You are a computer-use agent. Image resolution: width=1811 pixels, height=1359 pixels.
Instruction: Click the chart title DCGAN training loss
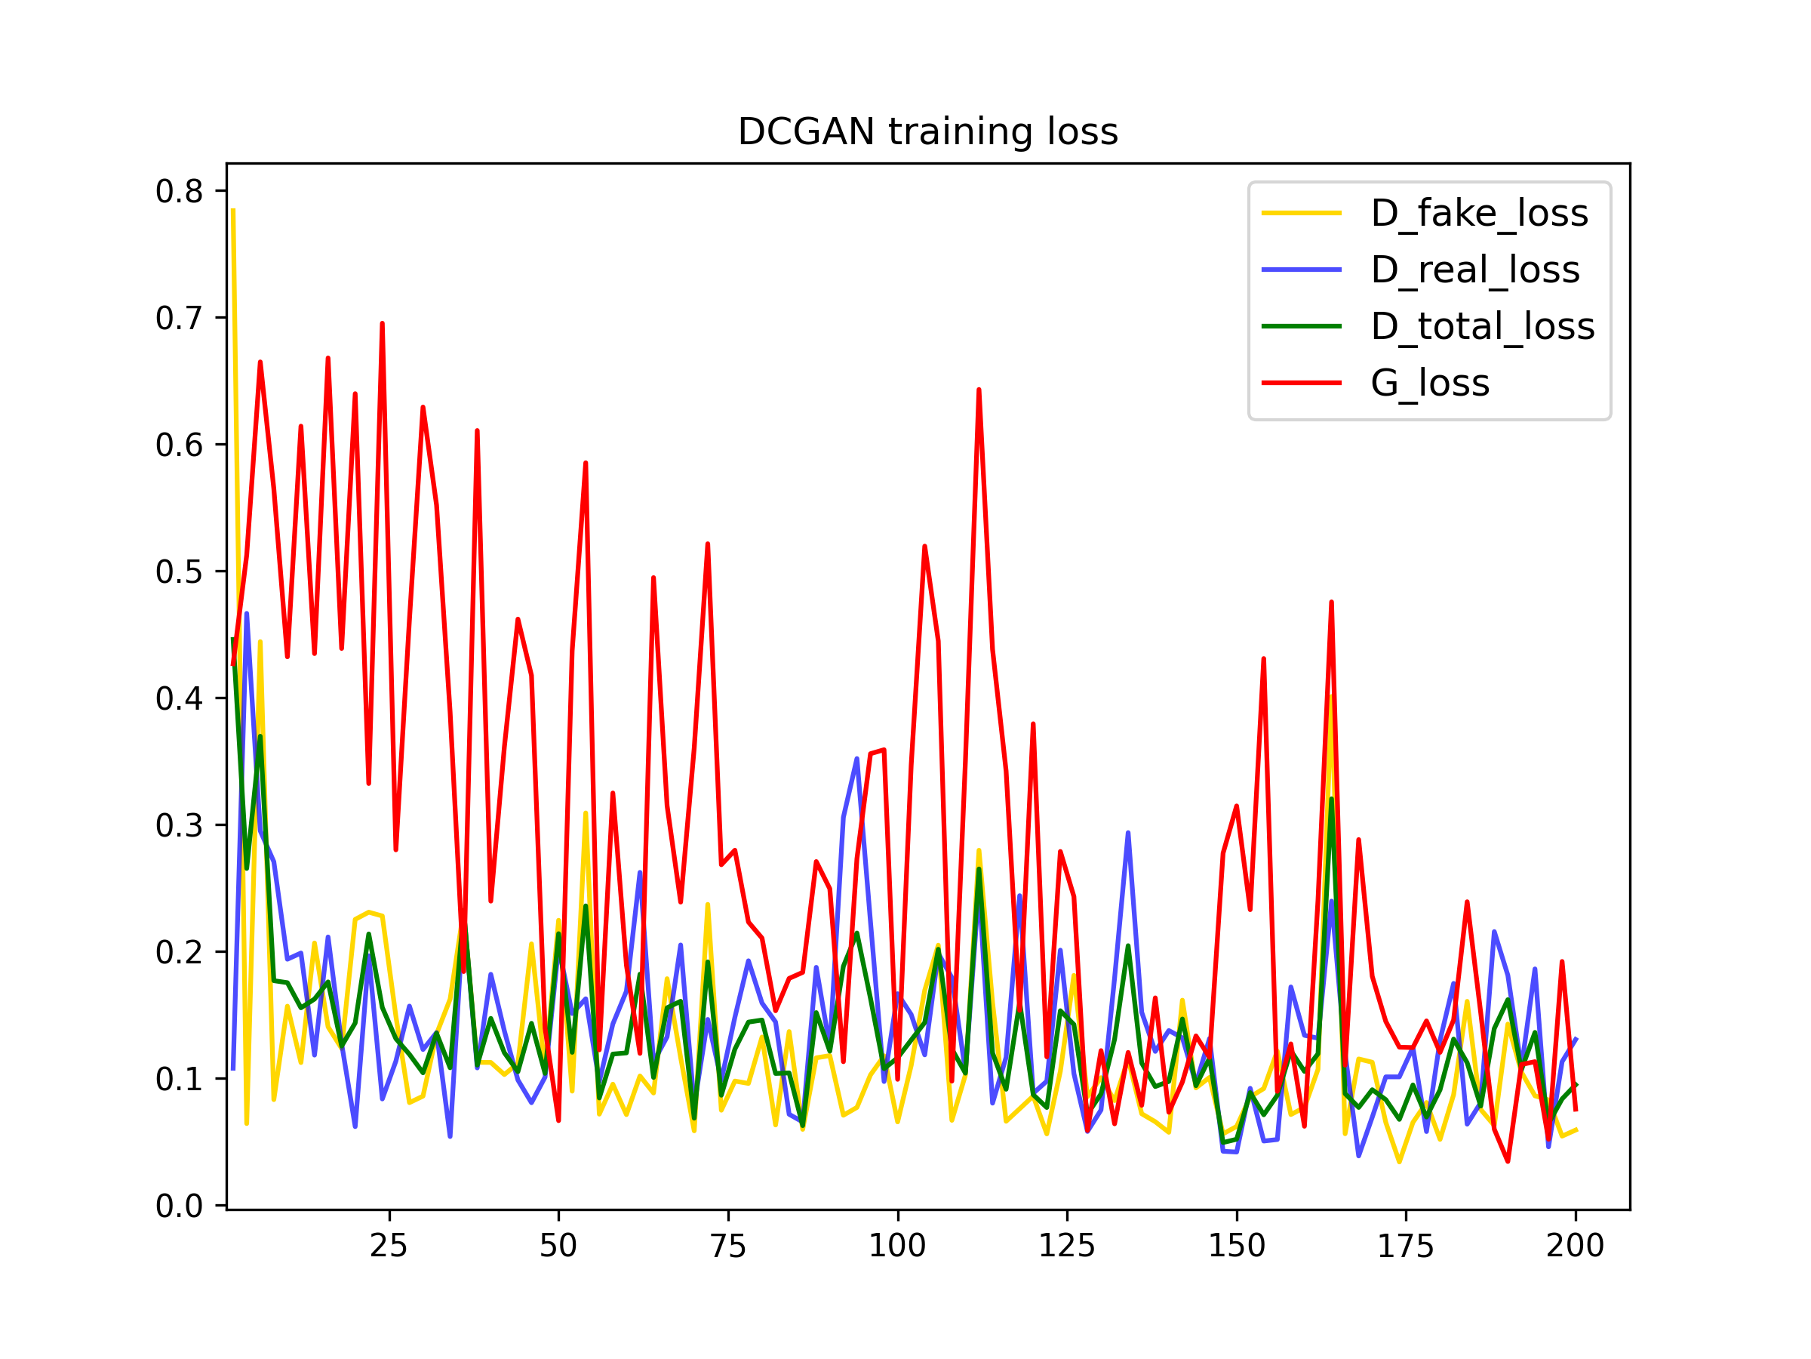coord(927,132)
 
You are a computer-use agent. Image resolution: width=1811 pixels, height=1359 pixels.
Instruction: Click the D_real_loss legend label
coord(1475,270)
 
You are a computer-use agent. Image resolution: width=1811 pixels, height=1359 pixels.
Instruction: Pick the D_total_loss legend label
coord(1483,326)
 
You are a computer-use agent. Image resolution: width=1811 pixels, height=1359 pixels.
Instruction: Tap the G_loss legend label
coord(1430,383)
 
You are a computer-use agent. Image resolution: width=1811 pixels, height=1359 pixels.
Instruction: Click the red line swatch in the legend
coord(1302,383)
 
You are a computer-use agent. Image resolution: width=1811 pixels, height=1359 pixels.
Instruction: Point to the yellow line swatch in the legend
coord(1302,213)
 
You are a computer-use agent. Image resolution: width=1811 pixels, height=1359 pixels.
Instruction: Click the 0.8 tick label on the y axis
coord(180,192)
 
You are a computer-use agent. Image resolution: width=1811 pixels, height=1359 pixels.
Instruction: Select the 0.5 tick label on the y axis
coord(180,572)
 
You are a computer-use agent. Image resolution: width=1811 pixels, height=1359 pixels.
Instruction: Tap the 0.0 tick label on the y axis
coord(180,1206)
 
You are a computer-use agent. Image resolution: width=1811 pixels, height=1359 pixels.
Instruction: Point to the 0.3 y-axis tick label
coord(180,826)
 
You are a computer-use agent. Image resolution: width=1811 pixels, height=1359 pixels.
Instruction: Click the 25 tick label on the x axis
coord(389,1246)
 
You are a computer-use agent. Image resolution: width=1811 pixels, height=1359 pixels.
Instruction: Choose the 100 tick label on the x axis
coord(897,1246)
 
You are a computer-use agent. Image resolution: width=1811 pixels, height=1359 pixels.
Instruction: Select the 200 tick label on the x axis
coord(1576,1246)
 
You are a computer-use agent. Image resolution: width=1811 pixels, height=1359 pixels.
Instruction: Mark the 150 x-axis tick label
coord(1236,1246)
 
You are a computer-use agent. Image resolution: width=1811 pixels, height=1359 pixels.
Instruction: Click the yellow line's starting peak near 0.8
coord(233,211)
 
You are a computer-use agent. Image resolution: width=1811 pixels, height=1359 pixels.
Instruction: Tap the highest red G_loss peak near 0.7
coord(383,325)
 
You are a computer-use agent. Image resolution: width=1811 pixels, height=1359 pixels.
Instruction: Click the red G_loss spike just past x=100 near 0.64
coord(979,391)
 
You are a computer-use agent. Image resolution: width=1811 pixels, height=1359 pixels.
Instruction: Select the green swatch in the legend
coord(1302,326)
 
